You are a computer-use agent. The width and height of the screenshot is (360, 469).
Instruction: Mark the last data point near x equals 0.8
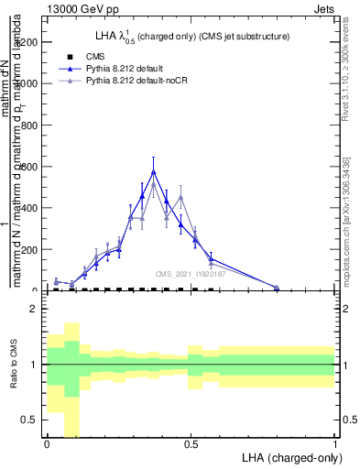pos(277,288)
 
